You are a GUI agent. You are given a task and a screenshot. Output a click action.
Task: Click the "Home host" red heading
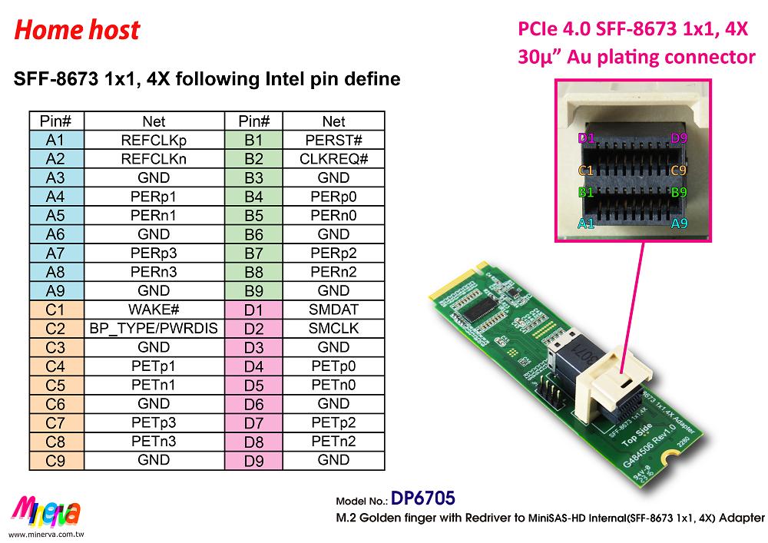(x=77, y=30)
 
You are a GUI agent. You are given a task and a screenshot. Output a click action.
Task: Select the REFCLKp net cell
(x=154, y=141)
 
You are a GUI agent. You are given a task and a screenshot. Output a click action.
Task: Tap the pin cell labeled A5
(x=55, y=216)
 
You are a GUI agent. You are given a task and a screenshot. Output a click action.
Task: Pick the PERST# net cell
(x=333, y=141)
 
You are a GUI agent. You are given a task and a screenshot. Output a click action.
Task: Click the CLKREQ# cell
(x=333, y=159)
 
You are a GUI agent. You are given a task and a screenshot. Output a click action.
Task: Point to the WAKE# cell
(x=154, y=310)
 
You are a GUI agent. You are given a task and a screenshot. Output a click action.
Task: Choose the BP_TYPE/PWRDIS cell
(x=154, y=329)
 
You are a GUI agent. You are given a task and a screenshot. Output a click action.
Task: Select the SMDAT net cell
(x=333, y=310)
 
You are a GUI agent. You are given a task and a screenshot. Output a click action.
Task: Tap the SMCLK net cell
(x=333, y=329)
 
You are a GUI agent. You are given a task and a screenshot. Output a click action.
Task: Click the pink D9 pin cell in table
(x=254, y=461)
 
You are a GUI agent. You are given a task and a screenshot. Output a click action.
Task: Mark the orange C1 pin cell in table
(x=55, y=310)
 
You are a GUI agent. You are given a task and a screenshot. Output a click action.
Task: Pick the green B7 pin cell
(x=254, y=253)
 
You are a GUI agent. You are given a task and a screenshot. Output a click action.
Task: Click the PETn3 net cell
(x=154, y=442)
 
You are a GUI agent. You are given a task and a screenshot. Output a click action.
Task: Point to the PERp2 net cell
(x=333, y=253)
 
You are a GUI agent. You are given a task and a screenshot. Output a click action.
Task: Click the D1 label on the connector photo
(x=587, y=138)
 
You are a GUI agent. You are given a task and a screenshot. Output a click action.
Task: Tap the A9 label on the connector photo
(x=679, y=223)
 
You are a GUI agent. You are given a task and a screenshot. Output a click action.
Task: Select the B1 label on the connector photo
(x=586, y=192)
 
